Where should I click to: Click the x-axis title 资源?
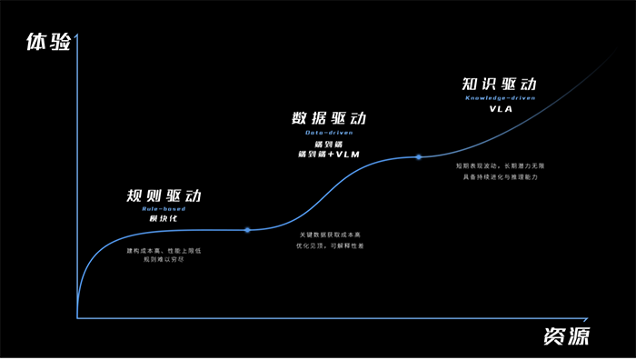(x=566, y=335)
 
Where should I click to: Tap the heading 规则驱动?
(x=163, y=196)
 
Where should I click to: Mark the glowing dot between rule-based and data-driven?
(x=248, y=230)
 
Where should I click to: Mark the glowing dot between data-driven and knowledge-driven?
(x=419, y=157)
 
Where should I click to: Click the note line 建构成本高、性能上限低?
(x=163, y=250)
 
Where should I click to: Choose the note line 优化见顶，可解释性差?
(x=335, y=246)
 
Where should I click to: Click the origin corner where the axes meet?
(x=78, y=317)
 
